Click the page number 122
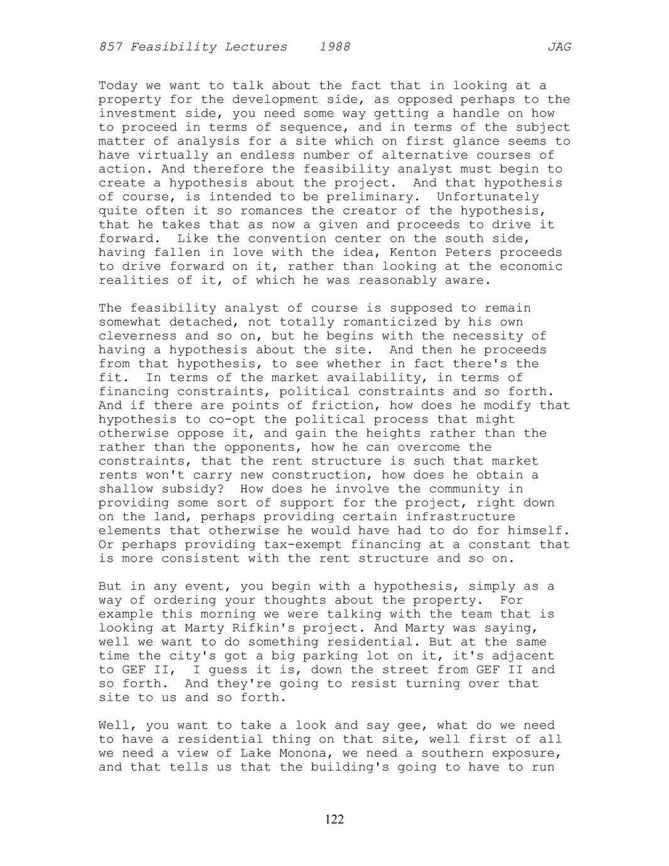[334, 819]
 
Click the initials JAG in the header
[559, 47]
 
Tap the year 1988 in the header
[334, 47]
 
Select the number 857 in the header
[110, 47]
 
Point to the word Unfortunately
[488, 197]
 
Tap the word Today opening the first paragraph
[118, 86]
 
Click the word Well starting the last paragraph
[114, 725]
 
